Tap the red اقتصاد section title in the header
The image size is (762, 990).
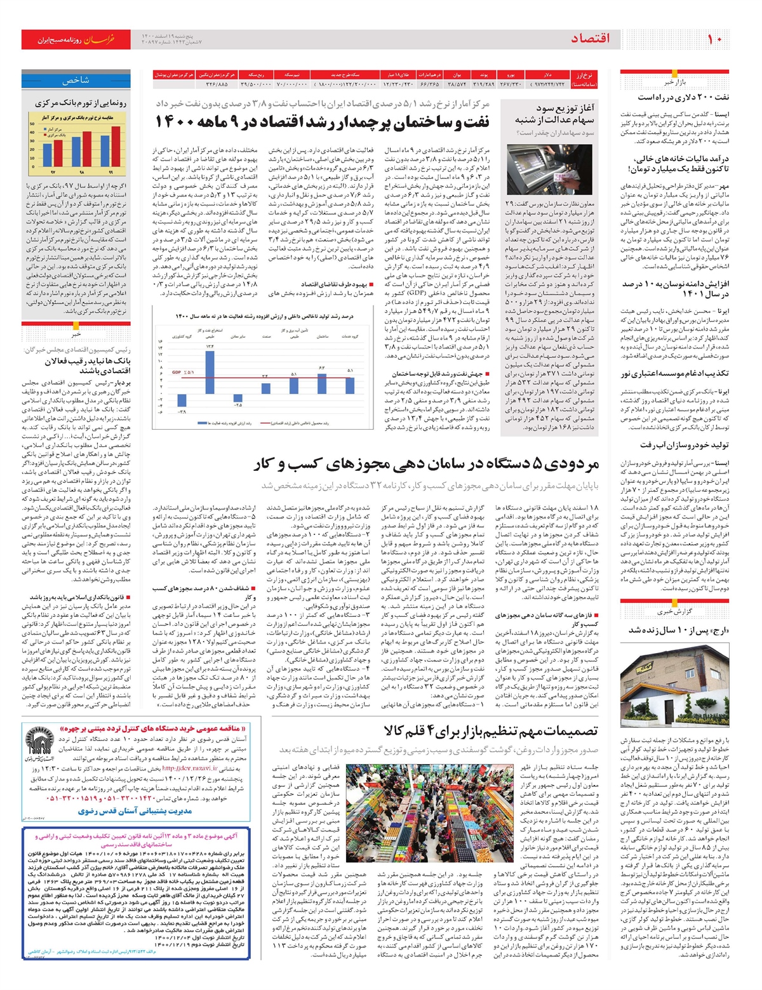[590, 39]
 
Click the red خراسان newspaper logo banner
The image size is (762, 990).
[76, 39]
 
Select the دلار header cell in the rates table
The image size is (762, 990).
[548, 74]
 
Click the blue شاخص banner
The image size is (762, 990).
[76, 81]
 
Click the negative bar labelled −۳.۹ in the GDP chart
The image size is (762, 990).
[183, 400]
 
